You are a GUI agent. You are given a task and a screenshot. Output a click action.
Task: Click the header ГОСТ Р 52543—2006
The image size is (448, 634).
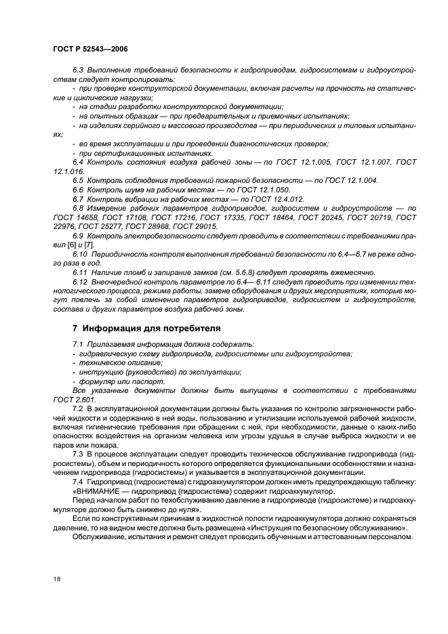(89, 49)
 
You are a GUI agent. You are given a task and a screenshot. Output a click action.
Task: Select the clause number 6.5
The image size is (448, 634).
(78, 179)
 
